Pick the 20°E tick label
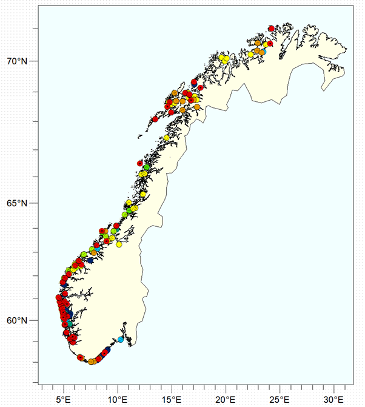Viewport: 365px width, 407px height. (x=226, y=399)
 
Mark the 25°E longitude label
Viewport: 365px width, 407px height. (x=280, y=399)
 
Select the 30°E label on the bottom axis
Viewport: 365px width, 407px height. (x=333, y=399)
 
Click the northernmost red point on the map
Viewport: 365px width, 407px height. (x=271, y=29)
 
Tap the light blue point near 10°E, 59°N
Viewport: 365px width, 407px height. (x=120, y=339)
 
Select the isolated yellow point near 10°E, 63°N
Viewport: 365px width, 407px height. (x=119, y=245)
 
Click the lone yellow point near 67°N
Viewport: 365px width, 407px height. (x=166, y=138)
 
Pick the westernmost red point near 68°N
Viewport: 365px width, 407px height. (x=155, y=119)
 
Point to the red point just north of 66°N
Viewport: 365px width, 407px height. (x=140, y=163)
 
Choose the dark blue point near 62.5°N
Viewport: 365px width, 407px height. (x=90, y=260)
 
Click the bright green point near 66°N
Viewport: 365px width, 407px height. (x=147, y=167)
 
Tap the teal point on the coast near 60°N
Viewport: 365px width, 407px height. (x=70, y=324)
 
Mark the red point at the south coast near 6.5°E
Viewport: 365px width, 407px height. (x=81, y=357)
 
